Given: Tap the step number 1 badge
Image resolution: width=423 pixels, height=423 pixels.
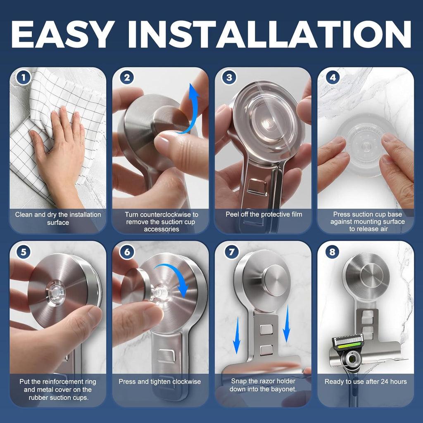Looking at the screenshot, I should [24, 77].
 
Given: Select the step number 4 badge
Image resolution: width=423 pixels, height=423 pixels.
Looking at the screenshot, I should [332, 77].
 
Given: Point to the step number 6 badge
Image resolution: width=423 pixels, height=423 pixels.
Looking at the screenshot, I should [127, 251].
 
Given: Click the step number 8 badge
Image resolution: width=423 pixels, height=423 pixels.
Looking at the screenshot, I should [332, 251].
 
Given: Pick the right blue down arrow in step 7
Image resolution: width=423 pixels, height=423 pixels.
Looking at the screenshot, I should [286, 328].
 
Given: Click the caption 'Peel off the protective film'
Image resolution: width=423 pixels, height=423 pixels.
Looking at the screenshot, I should [264, 214].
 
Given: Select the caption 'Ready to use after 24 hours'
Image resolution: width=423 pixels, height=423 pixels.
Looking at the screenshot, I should [366, 382].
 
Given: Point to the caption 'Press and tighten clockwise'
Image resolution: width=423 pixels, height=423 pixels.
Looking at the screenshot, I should [160, 382].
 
